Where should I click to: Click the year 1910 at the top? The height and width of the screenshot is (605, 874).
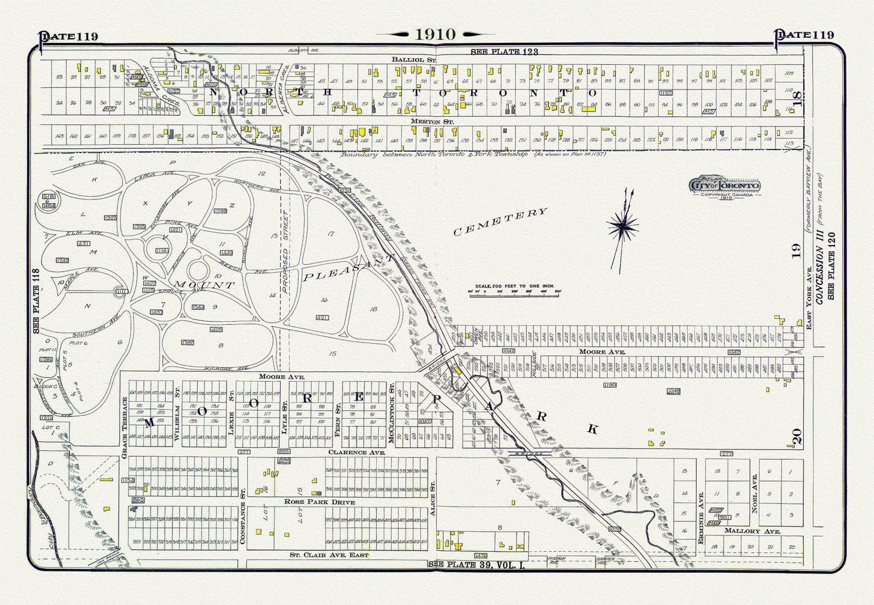[x=435, y=34]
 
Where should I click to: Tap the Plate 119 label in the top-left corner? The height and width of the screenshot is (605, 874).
[x=68, y=36]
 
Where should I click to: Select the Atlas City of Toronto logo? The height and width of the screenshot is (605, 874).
[x=725, y=186]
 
